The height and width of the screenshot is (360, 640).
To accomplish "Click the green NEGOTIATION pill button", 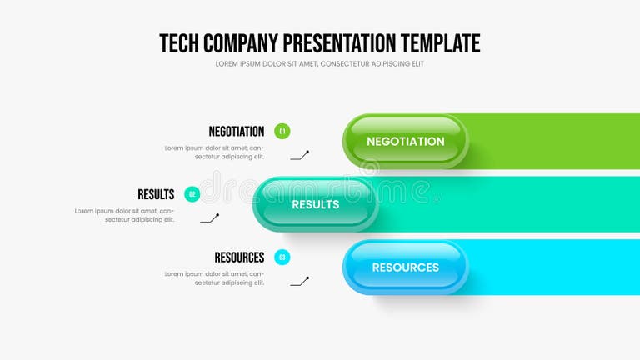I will point(406,141).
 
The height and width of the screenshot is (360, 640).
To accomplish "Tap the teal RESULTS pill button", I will point(316,204).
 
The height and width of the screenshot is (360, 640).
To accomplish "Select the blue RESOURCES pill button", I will point(406,267).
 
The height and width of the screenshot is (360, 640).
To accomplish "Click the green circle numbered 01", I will point(282,131).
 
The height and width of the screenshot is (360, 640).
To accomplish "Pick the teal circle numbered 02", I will point(192,194).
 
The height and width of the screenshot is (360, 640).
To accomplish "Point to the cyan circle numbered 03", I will point(282,257).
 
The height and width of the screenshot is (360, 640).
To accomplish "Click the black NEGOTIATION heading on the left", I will point(236,131).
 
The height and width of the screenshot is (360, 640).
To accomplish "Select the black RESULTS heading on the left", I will point(156,194).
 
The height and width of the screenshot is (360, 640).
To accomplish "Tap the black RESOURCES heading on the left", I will point(239,257).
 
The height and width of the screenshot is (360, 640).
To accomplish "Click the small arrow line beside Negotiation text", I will point(300,155).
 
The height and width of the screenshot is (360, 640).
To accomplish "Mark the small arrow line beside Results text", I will point(210,218).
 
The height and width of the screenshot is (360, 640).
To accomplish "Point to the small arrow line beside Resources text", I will point(300,282).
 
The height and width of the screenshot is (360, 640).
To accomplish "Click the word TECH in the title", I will point(178,43).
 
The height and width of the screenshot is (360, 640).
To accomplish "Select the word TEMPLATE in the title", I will point(440,43).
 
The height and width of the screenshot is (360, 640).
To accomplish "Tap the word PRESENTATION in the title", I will point(339,43).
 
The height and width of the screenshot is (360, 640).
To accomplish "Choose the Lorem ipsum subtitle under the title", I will point(319,64).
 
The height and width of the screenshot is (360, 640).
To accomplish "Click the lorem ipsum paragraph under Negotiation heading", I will point(214,152).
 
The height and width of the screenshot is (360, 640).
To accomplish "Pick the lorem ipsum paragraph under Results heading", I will point(124,215).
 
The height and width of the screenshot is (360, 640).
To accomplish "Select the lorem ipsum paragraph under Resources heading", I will point(214,278).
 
